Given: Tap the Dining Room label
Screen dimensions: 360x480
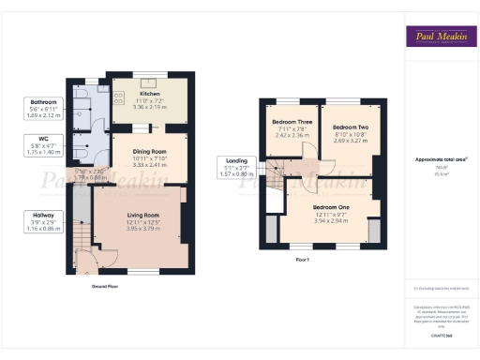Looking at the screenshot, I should (x=151, y=151).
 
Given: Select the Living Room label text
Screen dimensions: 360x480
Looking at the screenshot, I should (x=143, y=215).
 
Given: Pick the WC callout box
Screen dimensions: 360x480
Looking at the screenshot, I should (x=43, y=145).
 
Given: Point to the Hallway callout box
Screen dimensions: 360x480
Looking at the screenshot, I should (x=43, y=221).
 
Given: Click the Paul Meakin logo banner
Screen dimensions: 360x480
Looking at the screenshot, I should (x=439, y=37).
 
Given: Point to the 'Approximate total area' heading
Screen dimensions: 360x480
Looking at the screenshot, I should (x=439, y=159).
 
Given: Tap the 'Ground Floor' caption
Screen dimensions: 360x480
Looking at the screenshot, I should (x=105, y=285).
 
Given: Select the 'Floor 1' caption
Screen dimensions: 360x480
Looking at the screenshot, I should (x=302, y=258).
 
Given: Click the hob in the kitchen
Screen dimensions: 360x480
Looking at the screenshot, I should (x=118, y=96).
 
